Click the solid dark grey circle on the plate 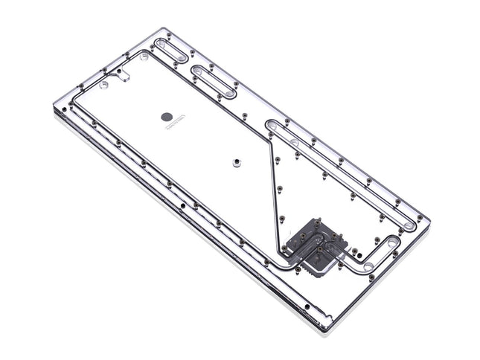(x=169, y=115)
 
